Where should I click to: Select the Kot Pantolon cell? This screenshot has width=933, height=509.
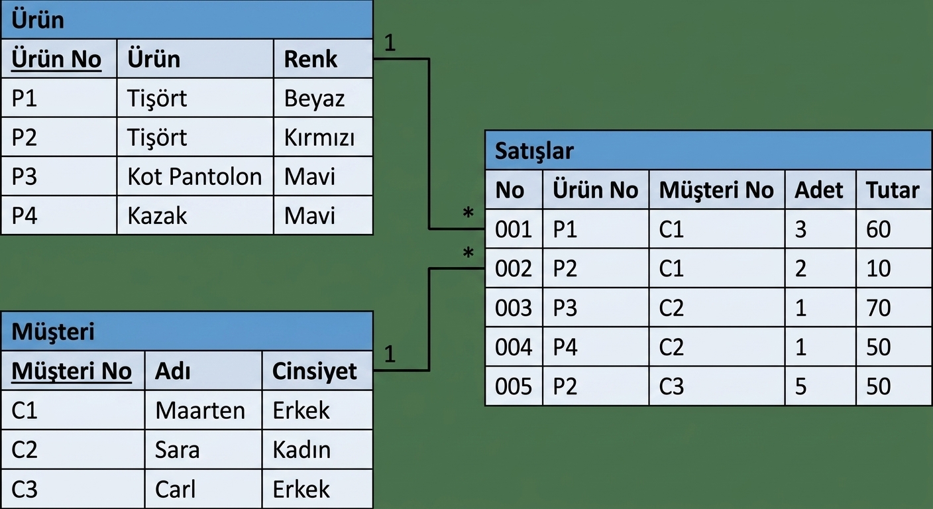click(195, 176)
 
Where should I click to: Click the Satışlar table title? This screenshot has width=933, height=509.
click(534, 151)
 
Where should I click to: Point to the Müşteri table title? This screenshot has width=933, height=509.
click(53, 332)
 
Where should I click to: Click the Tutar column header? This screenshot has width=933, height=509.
click(893, 190)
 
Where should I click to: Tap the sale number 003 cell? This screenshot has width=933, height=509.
click(513, 308)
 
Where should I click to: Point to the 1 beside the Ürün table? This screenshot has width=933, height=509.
click(390, 42)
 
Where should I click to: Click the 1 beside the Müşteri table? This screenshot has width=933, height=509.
click(390, 354)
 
